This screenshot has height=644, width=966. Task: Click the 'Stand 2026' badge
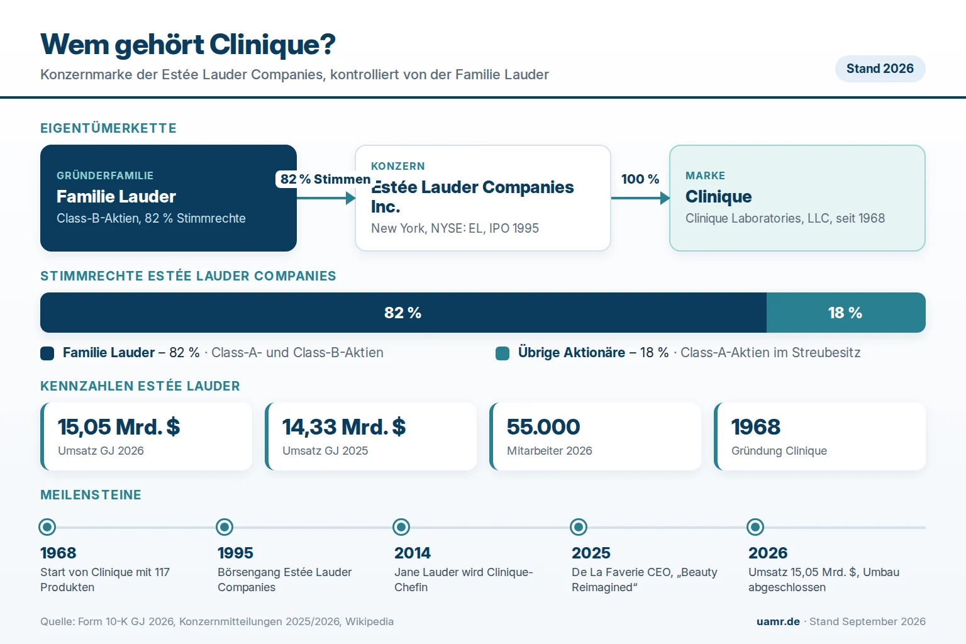(880, 69)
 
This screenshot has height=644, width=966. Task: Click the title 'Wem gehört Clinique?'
(188, 45)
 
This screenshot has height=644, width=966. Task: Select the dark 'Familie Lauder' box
(168, 198)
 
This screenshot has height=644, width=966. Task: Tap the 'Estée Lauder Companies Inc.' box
(482, 198)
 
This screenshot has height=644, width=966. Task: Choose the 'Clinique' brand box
(797, 198)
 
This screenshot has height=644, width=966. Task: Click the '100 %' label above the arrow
(640, 179)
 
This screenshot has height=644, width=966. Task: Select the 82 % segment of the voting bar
(403, 313)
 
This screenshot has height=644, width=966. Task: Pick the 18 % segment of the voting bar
(846, 313)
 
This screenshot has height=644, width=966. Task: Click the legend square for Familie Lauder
(47, 353)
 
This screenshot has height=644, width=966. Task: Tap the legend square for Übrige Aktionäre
(502, 353)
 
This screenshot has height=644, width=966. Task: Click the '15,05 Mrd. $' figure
(119, 427)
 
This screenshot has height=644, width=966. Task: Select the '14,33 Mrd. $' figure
(344, 427)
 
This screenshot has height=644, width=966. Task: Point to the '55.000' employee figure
(543, 427)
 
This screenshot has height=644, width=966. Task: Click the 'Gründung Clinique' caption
(779, 451)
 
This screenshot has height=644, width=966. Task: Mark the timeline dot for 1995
(225, 526)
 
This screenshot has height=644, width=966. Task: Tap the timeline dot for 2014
(401, 526)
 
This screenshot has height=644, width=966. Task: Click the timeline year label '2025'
(591, 553)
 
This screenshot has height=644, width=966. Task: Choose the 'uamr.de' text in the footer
(778, 621)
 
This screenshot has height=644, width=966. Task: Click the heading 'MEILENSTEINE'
(91, 495)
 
